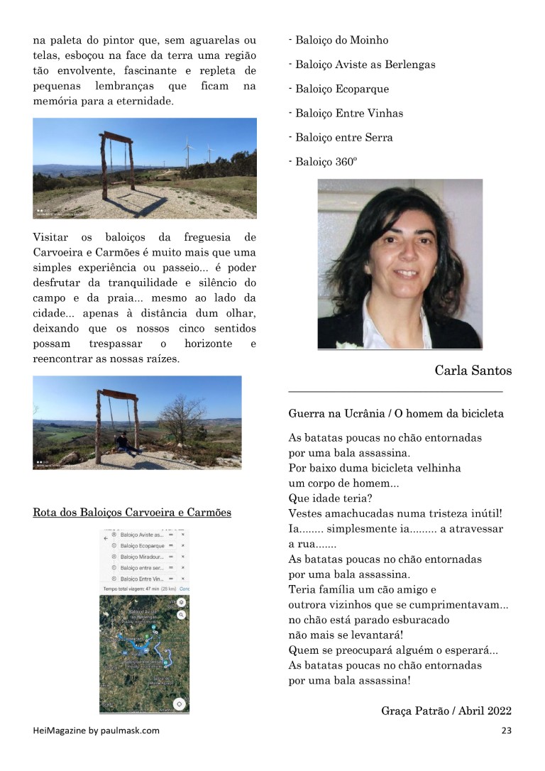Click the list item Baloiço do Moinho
pyautogui.click(x=339, y=40)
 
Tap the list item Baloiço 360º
pyautogui.click(x=324, y=162)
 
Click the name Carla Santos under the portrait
pyautogui.click(x=473, y=371)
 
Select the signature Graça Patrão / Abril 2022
pyautogui.click(x=446, y=711)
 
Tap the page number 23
pyautogui.click(x=506, y=731)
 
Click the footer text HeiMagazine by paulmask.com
pyautogui.click(x=97, y=731)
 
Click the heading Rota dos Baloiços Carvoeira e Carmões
pyautogui.click(x=132, y=512)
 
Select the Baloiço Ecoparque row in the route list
pyautogui.click(x=142, y=546)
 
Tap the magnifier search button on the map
pyautogui.click(x=182, y=615)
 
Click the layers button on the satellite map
pyautogui.click(x=182, y=602)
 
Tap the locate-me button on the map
pyautogui.click(x=180, y=704)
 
